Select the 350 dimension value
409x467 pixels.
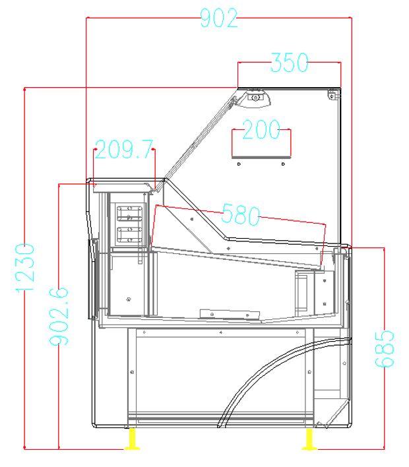tap(289, 63)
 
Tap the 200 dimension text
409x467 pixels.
tap(261, 131)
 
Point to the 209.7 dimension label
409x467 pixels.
tap(122, 150)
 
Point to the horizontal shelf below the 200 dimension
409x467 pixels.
tap(261, 159)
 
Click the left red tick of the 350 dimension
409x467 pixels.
tap(238, 73)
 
